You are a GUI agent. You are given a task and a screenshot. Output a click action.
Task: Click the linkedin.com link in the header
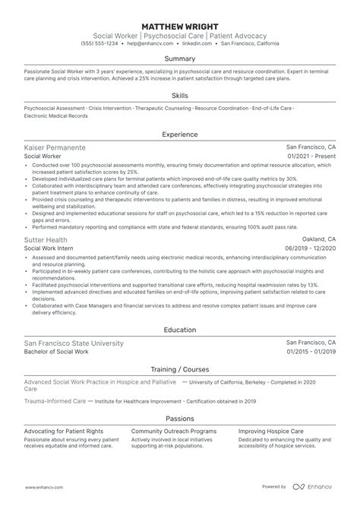click(200, 43)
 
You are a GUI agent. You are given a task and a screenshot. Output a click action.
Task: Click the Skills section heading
click(180, 97)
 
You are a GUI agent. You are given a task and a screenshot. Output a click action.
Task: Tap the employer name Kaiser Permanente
click(55, 147)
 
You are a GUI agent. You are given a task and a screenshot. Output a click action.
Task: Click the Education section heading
click(180, 330)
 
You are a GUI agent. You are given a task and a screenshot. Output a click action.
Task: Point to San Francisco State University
click(74, 343)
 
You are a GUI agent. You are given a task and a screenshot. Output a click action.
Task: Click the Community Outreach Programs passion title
click(172, 428)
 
